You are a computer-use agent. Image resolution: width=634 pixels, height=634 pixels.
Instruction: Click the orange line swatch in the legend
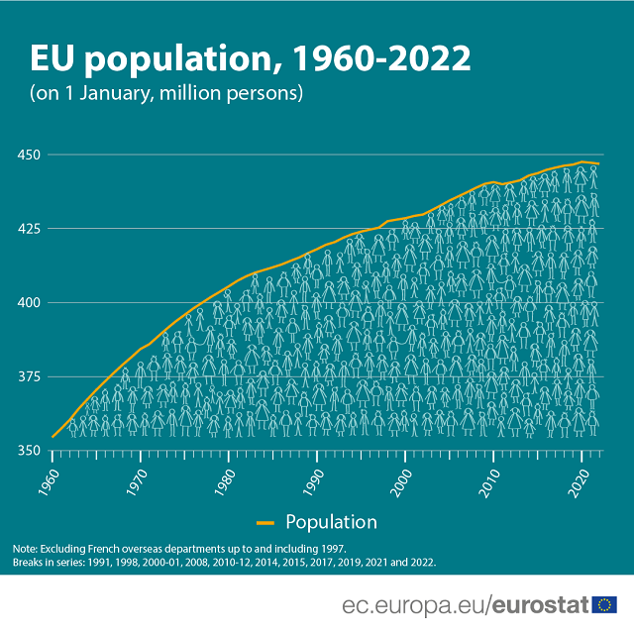tap(265, 522)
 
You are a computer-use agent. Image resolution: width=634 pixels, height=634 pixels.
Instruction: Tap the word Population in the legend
tap(331, 522)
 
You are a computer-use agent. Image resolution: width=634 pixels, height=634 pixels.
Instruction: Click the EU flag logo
tap(604, 603)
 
